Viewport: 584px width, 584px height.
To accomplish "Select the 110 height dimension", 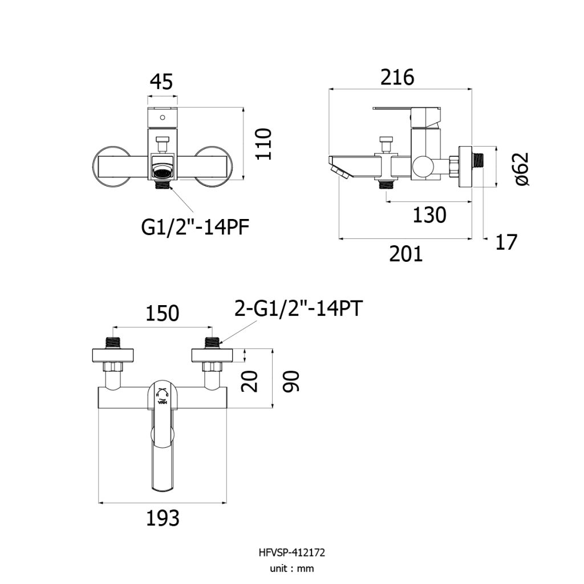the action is coord(263,144).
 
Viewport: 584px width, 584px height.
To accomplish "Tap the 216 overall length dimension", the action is coord(397,78).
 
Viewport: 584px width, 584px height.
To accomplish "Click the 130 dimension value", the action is coord(429,215).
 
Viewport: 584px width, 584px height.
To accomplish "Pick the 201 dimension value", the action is coord(406,254).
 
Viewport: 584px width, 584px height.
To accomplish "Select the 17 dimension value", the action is coord(506,242).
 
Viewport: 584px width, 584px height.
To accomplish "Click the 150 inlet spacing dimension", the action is coord(162,313).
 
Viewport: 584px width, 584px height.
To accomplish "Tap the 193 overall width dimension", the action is coord(163,518).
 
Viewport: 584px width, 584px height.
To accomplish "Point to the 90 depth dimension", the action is coord(290,381).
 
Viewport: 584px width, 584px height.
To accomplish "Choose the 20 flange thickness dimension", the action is coord(249,381).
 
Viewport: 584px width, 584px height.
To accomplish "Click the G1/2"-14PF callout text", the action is coord(195,227).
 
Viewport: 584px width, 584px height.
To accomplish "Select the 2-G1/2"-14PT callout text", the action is coord(298,309).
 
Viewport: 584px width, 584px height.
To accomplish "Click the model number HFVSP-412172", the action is coord(291,552).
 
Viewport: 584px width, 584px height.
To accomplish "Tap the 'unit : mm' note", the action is coord(291,569).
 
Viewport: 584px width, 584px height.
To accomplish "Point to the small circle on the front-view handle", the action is coord(163,117).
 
